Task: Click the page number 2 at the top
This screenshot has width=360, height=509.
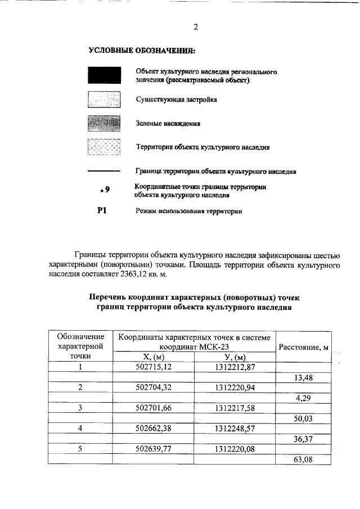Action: (196, 26)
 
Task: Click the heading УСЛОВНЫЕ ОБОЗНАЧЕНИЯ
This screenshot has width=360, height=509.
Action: (142, 51)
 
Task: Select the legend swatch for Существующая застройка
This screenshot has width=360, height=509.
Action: (104, 100)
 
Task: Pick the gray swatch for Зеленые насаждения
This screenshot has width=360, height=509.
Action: (104, 123)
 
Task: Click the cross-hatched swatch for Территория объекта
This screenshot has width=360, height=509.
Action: (104, 147)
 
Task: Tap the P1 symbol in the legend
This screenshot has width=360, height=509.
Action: (102, 211)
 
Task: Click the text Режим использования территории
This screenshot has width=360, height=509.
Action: (188, 212)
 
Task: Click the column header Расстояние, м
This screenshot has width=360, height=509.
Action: (303, 347)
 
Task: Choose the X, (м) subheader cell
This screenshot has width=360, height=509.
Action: (153, 357)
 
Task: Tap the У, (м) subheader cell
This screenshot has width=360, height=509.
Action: (235, 357)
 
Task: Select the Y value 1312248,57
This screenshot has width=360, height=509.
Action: (235, 428)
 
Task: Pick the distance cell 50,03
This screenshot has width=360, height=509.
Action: (303, 418)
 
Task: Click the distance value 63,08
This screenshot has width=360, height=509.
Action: (303, 458)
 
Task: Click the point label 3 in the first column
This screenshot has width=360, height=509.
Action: (80, 408)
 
